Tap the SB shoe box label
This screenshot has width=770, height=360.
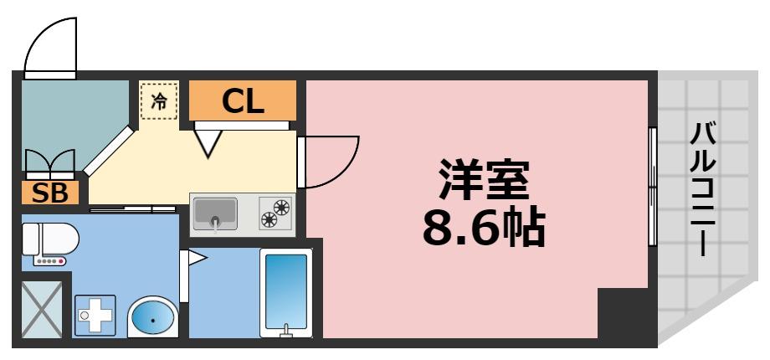49,193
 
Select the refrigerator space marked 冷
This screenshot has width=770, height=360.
159,100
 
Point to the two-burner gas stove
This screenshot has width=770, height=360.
275,213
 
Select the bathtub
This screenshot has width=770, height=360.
286,292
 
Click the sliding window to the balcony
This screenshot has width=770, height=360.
652,186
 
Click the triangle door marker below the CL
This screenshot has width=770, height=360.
209,142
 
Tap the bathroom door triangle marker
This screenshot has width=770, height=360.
198,259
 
